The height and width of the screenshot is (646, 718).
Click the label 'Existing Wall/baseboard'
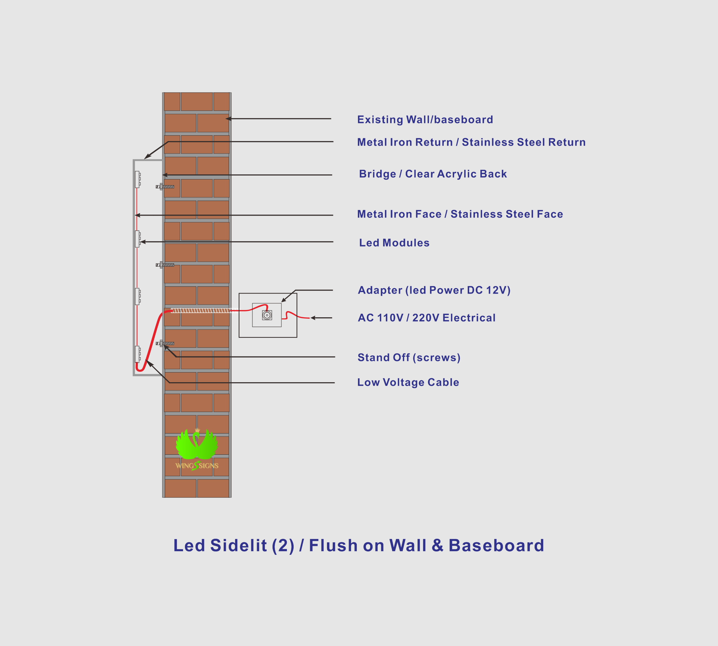pos(425,120)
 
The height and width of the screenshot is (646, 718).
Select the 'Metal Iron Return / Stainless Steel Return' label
pos(471,142)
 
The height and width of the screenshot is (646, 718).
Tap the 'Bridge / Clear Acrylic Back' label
pos(433,174)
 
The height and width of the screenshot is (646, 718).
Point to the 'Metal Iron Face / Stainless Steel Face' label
pos(460,214)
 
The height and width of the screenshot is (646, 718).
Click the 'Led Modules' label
pos(394,243)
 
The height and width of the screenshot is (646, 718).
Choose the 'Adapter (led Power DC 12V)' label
pos(434,290)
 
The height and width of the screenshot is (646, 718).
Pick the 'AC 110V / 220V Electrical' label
pos(427,318)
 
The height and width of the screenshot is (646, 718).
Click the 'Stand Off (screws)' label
pos(409,358)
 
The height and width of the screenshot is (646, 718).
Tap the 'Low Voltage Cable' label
pos(408,382)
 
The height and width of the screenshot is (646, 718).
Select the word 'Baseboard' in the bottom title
pos(496,546)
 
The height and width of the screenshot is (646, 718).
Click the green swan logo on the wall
pos(197,444)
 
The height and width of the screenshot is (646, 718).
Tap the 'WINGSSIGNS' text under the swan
pos(197,466)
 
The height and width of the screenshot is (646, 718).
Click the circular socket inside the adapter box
pos(267,315)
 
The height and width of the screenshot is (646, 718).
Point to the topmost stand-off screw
pos(165,187)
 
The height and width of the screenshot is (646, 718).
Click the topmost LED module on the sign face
pos(137,179)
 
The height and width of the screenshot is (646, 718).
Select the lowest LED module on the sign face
pos(137,355)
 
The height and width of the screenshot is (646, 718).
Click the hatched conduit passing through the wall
pos(201,310)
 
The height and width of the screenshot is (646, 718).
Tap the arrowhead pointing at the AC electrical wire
pos(313,318)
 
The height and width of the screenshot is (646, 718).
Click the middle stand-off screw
pos(165,265)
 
